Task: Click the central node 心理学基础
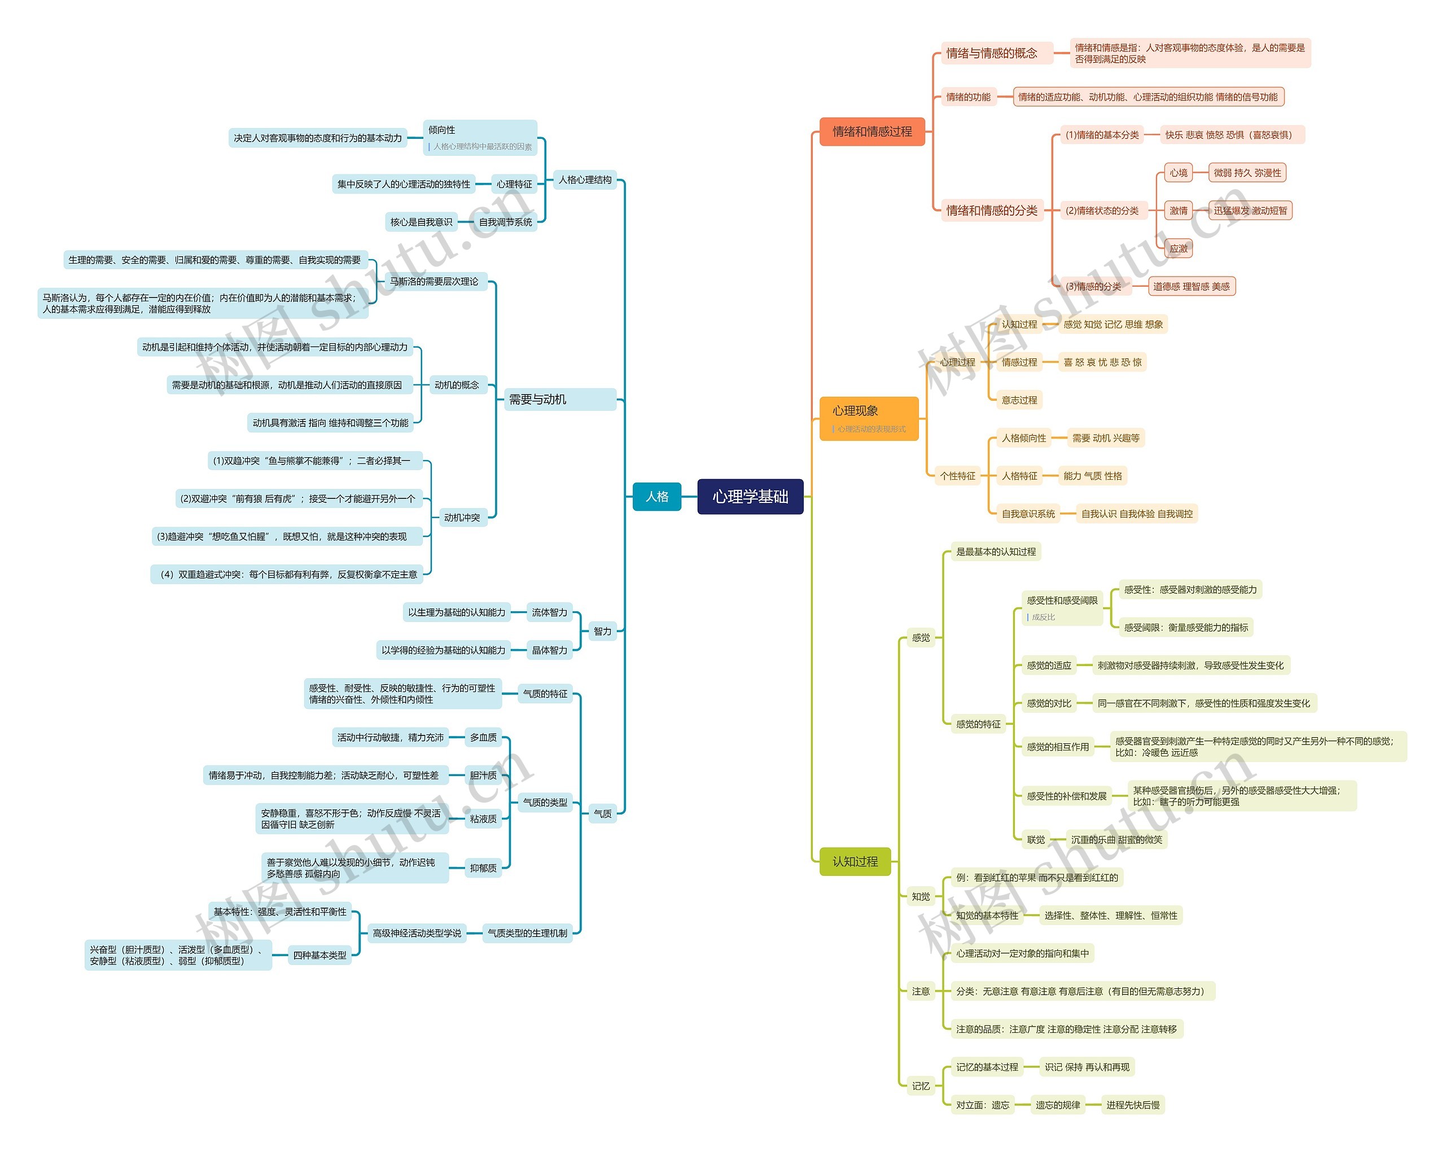(750, 497)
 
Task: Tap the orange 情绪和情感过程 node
(872, 132)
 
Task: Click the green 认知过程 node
(855, 861)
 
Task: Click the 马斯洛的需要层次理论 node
(434, 282)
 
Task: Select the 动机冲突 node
(462, 518)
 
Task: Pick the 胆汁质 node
(483, 776)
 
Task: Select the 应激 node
(1178, 248)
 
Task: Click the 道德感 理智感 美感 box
(1191, 287)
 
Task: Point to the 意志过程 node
(1019, 400)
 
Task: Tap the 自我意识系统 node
(1027, 514)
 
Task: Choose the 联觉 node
(1036, 840)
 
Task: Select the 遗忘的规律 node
(1058, 1105)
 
